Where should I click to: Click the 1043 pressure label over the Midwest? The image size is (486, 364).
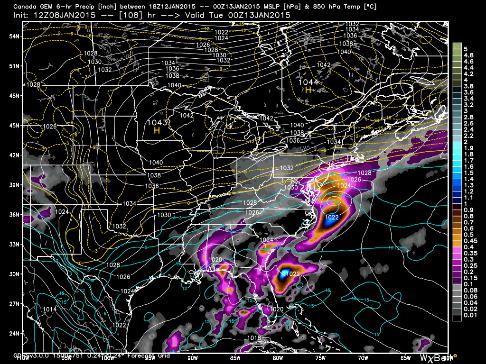pyautogui.click(x=154, y=122)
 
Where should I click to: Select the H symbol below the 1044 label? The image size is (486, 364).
pyautogui.click(x=308, y=90)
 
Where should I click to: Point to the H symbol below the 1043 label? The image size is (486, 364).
pyautogui.click(x=156, y=130)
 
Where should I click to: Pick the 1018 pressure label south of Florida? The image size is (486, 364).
pyautogui.click(x=254, y=338)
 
